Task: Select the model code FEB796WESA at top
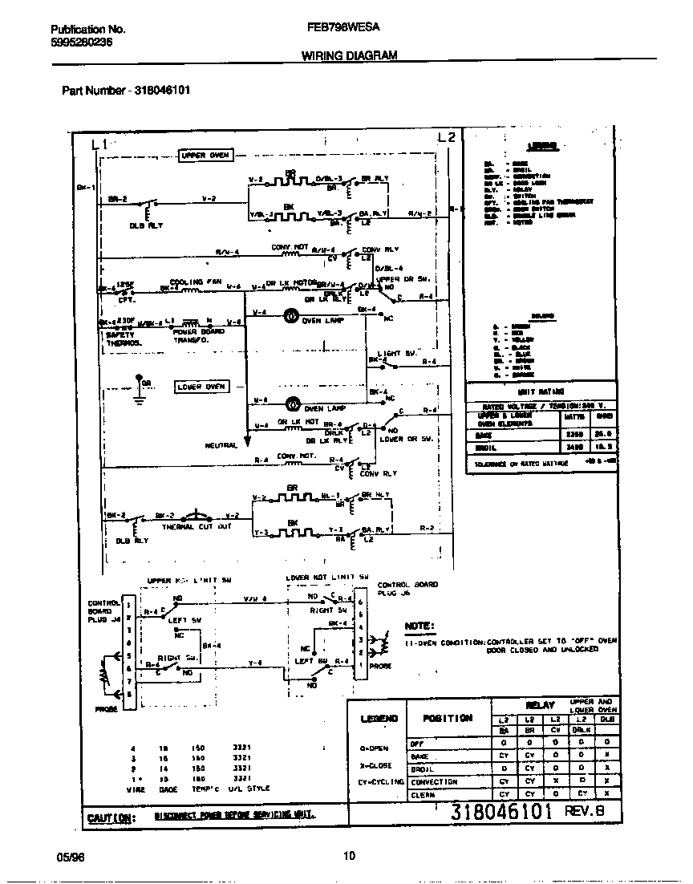point(343,26)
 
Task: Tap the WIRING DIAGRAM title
point(349,56)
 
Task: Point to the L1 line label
point(99,144)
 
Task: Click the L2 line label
point(447,138)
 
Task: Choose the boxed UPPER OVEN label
point(205,156)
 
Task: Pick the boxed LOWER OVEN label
point(202,387)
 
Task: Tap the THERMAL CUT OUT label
point(197,527)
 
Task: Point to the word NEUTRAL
point(221,445)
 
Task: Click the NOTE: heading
point(419,625)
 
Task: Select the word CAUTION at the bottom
point(109,817)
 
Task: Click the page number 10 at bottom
point(348,856)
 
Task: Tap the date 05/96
point(70,857)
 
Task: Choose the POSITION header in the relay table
point(448,718)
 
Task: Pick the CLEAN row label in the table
point(423,795)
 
